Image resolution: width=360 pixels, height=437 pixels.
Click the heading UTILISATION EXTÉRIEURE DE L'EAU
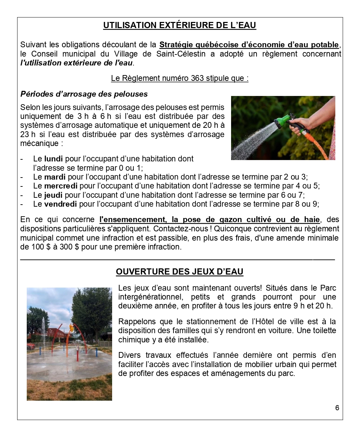[x=180, y=25]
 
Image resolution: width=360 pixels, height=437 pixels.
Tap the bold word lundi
[x=53, y=159]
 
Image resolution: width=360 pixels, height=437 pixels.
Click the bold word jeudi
[x=53, y=195]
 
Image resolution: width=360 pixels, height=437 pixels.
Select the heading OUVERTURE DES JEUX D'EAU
[x=180, y=272]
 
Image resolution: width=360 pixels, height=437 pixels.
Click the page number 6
[x=337, y=408]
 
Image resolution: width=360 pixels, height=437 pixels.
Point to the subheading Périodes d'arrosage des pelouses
[x=84, y=94]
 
